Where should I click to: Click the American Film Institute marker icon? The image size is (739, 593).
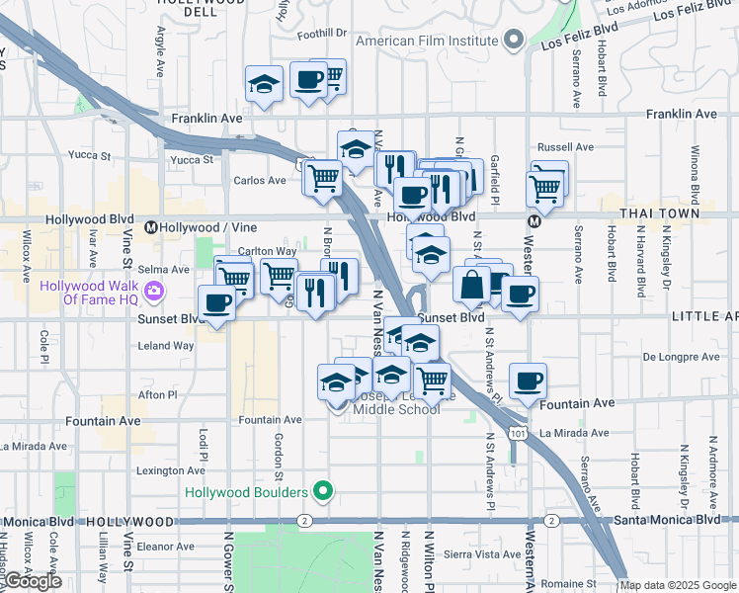[x=513, y=42]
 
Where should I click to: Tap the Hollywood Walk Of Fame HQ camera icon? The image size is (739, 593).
[x=154, y=291]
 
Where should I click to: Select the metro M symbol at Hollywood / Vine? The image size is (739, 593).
[x=151, y=226]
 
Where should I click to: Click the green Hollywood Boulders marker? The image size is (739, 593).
[x=322, y=491]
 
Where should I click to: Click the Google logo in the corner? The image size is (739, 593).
[x=32, y=581]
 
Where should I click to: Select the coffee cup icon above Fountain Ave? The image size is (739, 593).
[x=528, y=381]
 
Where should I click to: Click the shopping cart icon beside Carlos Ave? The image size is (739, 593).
[x=322, y=178]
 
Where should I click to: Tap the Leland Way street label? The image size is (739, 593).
[x=167, y=346]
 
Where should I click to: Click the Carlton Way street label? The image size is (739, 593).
[x=267, y=252]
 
